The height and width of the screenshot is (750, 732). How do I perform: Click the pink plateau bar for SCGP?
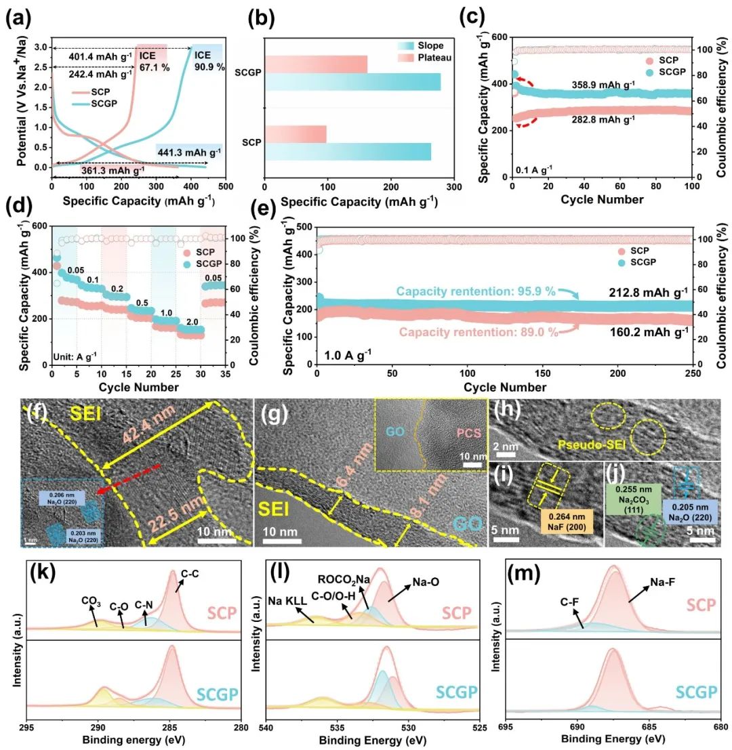(316, 64)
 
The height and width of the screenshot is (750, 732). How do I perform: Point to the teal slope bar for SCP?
(348, 152)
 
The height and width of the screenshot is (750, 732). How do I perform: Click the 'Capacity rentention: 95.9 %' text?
(476, 291)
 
